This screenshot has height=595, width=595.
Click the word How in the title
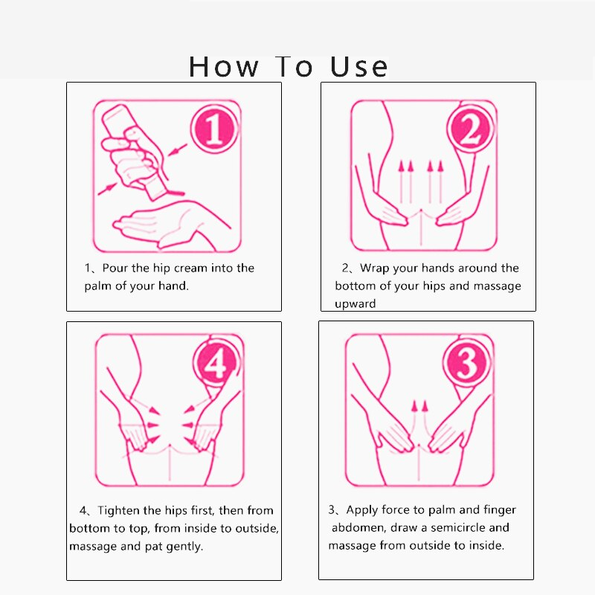coord(224,67)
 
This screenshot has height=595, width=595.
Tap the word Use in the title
coord(358,67)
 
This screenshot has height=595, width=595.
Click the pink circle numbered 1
coord(215,128)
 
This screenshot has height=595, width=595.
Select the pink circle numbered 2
coord(471,128)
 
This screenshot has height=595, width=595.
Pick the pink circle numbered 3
coord(467,362)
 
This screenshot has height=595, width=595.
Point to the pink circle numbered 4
coord(217,362)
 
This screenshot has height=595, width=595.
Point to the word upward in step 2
coord(356,304)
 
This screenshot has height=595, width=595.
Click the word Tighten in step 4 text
coord(119,511)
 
